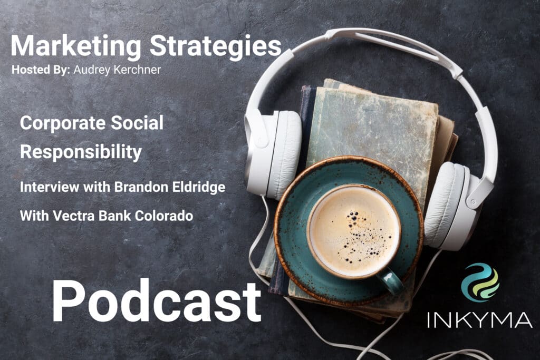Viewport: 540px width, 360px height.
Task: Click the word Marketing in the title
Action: [76, 46]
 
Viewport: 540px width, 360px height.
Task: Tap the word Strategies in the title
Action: [216, 46]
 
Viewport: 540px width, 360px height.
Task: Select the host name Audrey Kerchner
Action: [117, 70]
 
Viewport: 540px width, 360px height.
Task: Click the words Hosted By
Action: [41, 70]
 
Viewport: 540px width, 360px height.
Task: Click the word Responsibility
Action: [81, 152]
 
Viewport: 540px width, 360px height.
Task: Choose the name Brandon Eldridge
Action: [170, 187]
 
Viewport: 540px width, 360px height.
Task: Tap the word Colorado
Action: [164, 216]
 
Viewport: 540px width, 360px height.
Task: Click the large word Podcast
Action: [156, 301]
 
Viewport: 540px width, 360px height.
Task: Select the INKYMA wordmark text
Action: [479, 320]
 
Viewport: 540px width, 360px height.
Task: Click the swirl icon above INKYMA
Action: [480, 282]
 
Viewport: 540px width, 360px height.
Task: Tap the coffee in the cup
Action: [354, 230]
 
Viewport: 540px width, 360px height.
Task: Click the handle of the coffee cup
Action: [391, 280]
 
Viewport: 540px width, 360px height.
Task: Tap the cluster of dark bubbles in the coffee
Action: [362, 238]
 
